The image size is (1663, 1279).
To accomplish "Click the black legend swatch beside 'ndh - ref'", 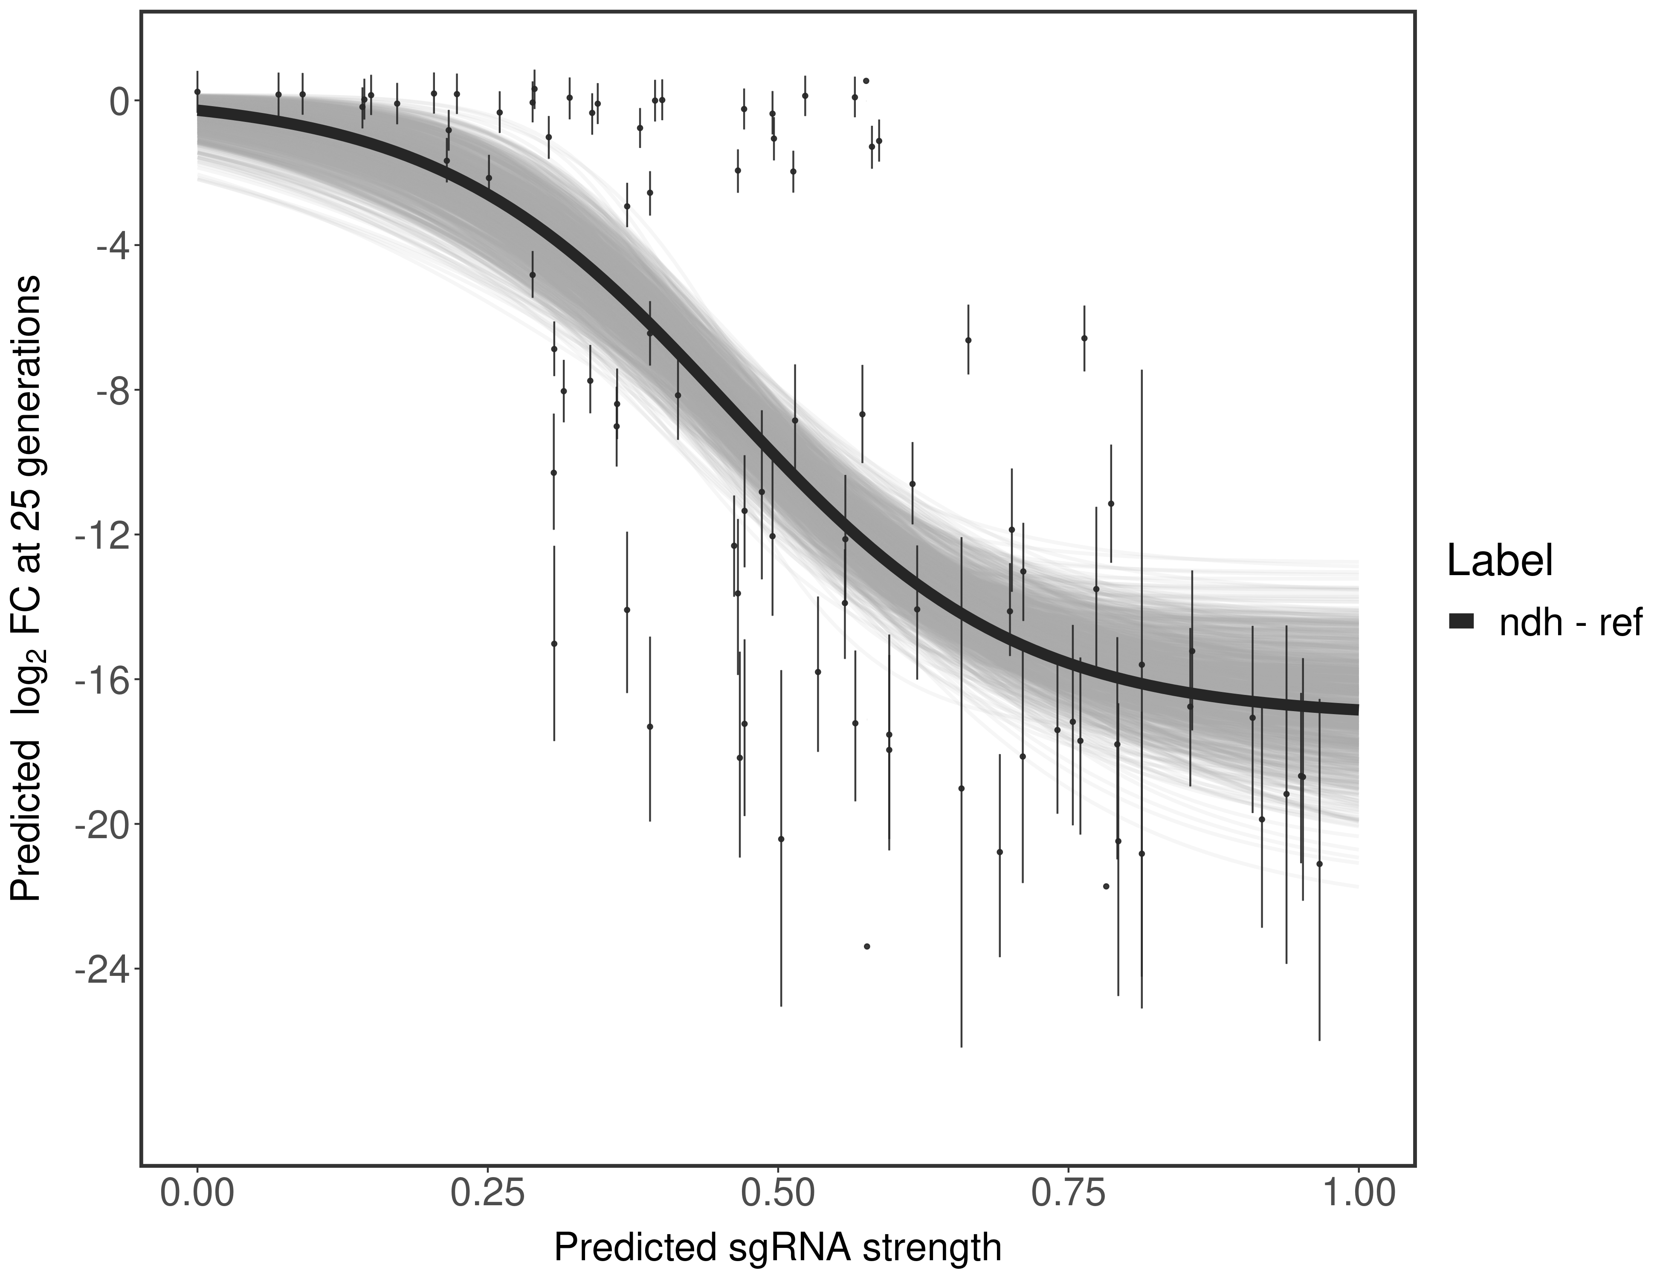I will point(1462,622).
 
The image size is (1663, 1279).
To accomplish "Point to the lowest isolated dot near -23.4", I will point(866,946).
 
